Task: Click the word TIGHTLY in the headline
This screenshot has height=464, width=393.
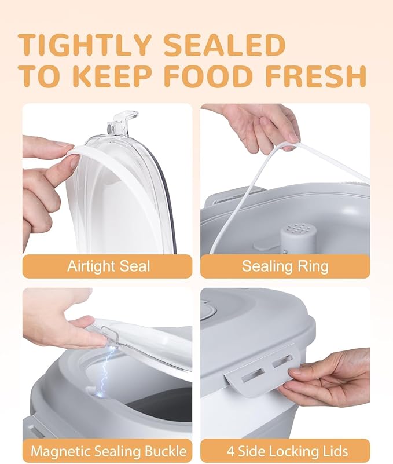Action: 85,45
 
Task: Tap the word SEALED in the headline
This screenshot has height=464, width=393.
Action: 225,45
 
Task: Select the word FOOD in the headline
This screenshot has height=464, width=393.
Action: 212,75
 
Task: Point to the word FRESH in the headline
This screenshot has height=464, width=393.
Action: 316,75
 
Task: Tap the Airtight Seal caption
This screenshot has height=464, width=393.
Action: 109,266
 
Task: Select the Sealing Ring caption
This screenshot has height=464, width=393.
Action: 285,266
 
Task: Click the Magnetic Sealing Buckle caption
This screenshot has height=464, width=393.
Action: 109,451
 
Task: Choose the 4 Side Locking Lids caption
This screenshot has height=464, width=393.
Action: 288,451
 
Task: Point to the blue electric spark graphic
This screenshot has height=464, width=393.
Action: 104,370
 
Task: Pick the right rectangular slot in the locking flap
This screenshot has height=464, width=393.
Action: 282,361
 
